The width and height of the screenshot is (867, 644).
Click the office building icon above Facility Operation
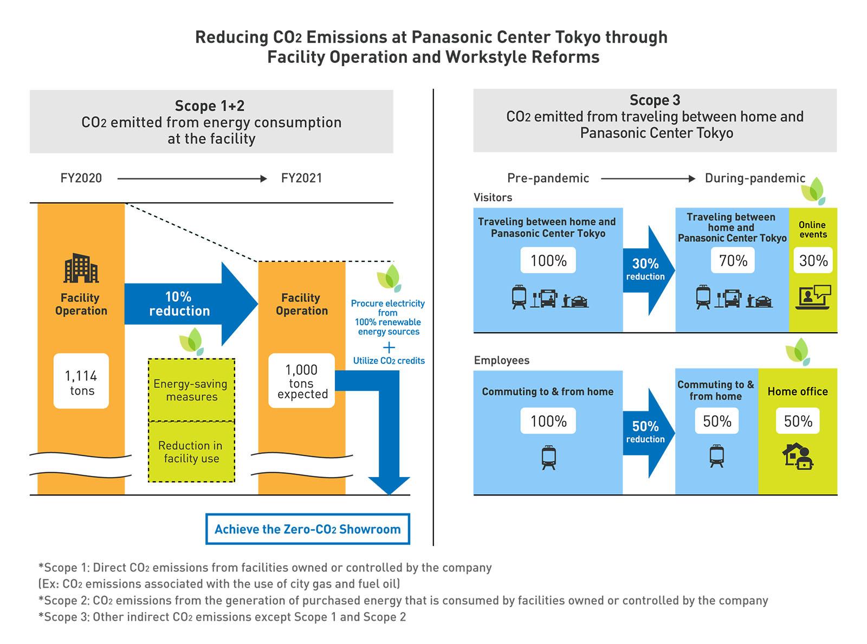pos(81,268)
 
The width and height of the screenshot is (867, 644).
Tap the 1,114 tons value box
pos(81,381)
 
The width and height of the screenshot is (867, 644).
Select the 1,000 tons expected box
pos(301,381)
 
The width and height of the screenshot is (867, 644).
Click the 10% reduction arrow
pos(191,304)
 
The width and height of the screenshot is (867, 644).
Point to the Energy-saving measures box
pos(191,389)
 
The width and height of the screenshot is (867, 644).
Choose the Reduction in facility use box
pos(191,452)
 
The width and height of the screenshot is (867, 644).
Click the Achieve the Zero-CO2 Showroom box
pos(308,529)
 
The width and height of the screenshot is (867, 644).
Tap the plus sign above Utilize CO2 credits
pos(389,347)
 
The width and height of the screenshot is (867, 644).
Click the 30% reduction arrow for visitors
pos(649,270)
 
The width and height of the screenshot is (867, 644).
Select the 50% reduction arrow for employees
pos(649,433)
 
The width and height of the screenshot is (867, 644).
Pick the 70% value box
pos(733,260)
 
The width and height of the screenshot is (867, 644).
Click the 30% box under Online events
pos(813,260)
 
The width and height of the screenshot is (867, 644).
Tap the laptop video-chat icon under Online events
pos(813,297)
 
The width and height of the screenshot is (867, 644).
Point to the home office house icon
pos(798,456)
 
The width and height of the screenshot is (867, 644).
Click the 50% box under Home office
pos(798,421)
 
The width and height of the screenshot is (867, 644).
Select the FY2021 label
pos(301,178)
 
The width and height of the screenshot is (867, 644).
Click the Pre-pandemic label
pos(548,178)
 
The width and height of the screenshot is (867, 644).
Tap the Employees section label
pos(502,360)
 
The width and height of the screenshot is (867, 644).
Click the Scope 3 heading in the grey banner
pos(655,100)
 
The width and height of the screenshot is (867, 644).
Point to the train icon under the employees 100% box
pos(548,458)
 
